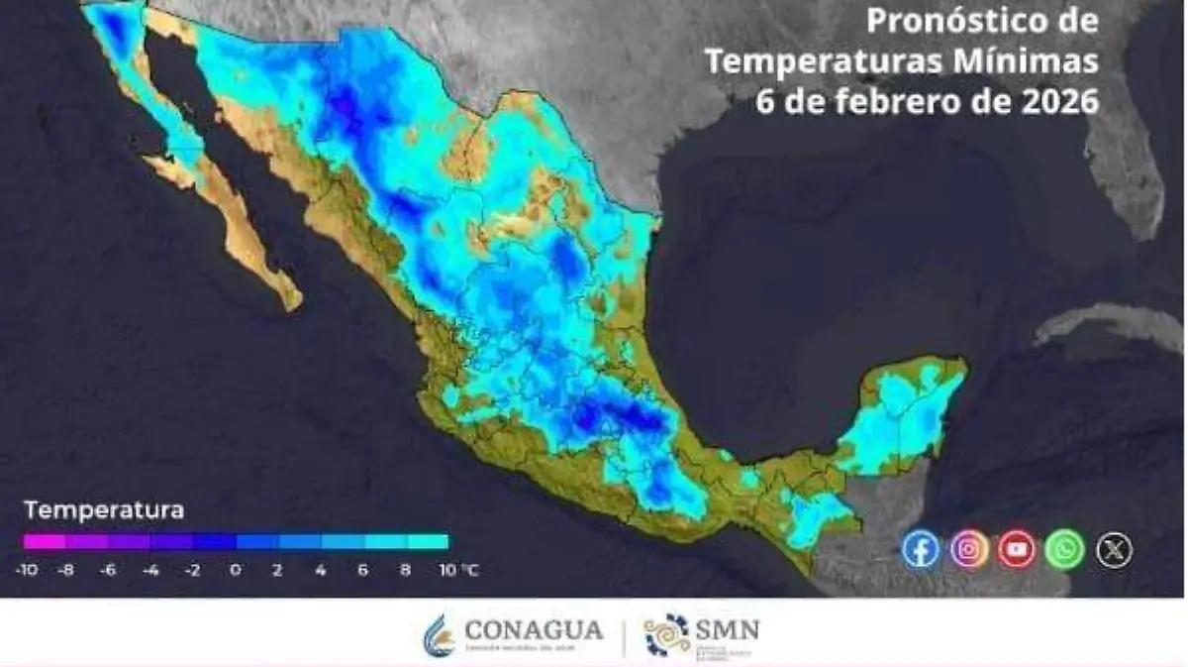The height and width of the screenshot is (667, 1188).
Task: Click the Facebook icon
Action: pyautogui.click(x=921, y=549)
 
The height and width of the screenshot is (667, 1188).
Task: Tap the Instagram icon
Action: pyautogui.click(x=969, y=549)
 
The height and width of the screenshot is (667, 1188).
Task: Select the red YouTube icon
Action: pyautogui.click(x=1017, y=549)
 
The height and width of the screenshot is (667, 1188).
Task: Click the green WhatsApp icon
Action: pyautogui.click(x=1065, y=549)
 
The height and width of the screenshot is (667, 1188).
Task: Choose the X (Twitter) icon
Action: pyautogui.click(x=1114, y=549)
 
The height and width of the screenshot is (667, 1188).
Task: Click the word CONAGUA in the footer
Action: pyautogui.click(x=533, y=629)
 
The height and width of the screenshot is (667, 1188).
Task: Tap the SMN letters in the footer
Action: pyautogui.click(x=727, y=629)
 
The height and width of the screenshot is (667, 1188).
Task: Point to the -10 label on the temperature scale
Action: pyautogui.click(x=27, y=571)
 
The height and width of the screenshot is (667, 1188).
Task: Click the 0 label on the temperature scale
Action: pyautogui.click(x=236, y=571)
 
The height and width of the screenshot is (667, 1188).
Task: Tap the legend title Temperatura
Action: pyautogui.click(x=104, y=511)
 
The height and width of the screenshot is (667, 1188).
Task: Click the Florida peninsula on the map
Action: pyautogui.click(x=1129, y=178)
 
